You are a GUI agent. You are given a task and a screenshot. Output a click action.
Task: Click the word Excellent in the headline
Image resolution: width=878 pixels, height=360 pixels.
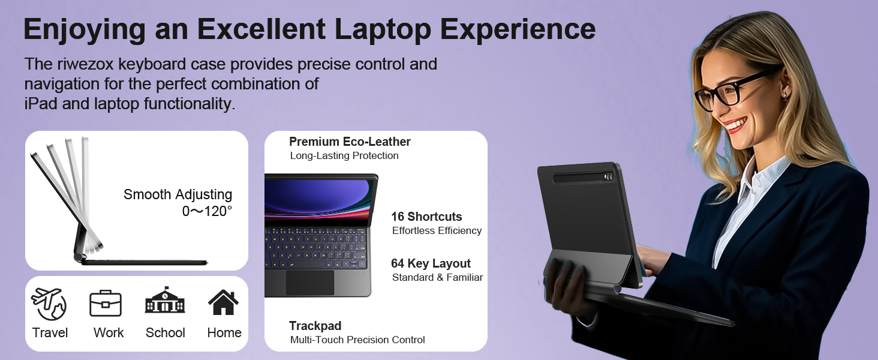[261, 29]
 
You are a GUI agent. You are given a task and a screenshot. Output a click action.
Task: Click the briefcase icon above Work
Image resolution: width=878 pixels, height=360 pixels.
[106, 303]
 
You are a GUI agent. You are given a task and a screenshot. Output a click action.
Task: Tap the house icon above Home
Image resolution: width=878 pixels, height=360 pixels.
[224, 302]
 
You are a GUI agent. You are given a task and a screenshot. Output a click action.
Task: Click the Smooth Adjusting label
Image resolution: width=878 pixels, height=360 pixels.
[178, 194]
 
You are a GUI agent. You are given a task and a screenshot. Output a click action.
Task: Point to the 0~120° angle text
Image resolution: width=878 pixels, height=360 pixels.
[207, 211]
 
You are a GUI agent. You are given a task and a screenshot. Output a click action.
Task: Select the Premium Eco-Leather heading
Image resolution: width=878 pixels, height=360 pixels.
[350, 142]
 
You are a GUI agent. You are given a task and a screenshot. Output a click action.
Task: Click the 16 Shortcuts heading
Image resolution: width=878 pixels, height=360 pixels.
[426, 217]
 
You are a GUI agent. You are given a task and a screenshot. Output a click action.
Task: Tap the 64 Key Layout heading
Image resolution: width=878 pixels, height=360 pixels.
[431, 263]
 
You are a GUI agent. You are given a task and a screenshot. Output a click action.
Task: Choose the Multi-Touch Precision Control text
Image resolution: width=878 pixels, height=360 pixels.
[357, 340]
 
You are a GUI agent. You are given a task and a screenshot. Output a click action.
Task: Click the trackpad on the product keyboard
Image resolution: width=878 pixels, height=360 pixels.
[310, 283]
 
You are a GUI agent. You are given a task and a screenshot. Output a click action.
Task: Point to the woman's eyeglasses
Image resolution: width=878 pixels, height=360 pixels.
[737, 88]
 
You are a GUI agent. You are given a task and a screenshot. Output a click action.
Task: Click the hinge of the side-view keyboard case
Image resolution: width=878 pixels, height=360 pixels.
[79, 257]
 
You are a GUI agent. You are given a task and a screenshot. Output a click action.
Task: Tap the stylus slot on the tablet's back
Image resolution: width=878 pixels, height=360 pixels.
[582, 177]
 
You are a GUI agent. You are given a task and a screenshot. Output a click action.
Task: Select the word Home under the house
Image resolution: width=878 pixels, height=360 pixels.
[224, 332]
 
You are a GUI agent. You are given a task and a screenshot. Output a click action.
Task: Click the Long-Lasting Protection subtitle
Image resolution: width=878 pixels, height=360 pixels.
[344, 155]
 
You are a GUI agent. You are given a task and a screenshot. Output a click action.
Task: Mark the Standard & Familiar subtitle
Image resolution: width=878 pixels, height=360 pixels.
[437, 278]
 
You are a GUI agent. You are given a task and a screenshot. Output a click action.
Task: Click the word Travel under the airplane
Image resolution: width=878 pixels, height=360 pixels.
[50, 332]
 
